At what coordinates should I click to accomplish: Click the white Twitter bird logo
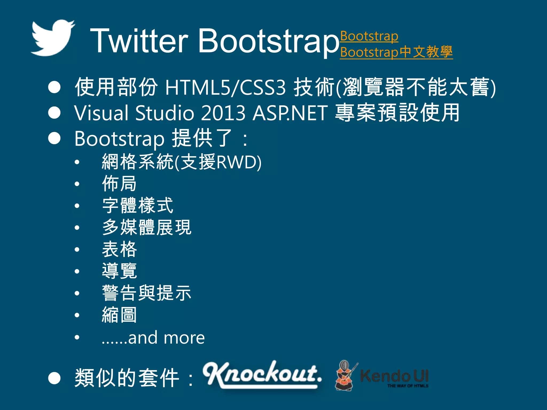pos(53,38)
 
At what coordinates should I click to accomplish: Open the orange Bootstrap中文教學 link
pos(396,52)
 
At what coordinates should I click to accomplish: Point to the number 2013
pos(223,113)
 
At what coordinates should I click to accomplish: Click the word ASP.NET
pos(290,113)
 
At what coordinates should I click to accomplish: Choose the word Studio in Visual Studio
pos(165,113)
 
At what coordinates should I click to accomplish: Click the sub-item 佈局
pos(119,184)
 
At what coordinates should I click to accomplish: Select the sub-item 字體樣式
pos(138,206)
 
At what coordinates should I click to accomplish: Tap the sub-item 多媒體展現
pos(147,227)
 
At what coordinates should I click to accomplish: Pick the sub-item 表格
pos(119,249)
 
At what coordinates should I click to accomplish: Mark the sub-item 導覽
pos(119,271)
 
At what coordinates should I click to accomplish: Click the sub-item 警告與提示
pos(147,293)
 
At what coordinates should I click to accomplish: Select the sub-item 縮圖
pos(119,315)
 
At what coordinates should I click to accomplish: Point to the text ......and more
pos(153,338)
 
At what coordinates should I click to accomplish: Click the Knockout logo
pos(262,374)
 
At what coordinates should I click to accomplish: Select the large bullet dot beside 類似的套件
pos(54,378)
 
